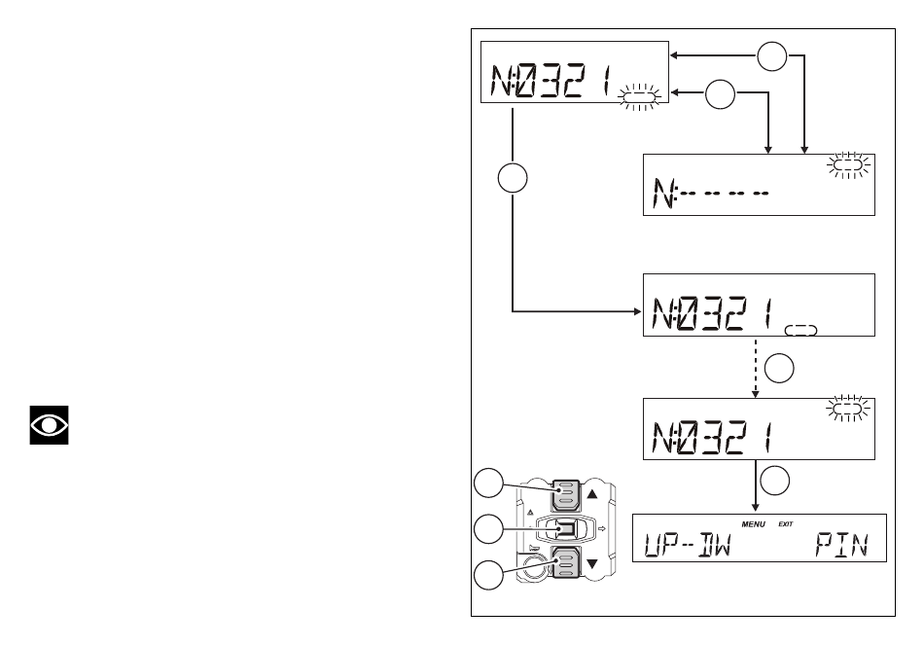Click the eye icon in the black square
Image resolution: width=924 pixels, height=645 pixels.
(x=49, y=424)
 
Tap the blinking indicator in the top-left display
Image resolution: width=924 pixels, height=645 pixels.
(x=639, y=96)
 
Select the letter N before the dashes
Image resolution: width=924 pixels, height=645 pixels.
(x=664, y=194)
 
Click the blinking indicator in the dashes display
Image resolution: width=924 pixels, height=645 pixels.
(x=848, y=165)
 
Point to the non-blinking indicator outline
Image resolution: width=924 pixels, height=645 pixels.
(x=800, y=330)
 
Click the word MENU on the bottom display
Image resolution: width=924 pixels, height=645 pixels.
(x=753, y=524)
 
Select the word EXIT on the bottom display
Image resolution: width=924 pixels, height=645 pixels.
(x=786, y=524)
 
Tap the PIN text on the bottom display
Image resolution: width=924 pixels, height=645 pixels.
(x=842, y=545)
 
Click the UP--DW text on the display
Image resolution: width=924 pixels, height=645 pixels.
(x=687, y=545)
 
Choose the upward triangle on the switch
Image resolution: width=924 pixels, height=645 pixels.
(x=592, y=493)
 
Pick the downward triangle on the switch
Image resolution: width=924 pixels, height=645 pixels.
(x=592, y=563)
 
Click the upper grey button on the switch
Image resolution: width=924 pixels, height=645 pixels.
(x=566, y=494)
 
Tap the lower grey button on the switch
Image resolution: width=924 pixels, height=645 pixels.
(x=566, y=562)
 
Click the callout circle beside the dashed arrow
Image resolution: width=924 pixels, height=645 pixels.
(x=779, y=369)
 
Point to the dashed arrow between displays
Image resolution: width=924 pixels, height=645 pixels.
(x=756, y=368)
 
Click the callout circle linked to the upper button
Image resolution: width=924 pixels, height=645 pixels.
(x=488, y=484)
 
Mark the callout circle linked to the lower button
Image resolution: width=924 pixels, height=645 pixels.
(x=488, y=575)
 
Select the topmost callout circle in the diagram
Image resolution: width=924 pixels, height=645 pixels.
(x=772, y=56)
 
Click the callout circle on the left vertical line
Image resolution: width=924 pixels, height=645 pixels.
(x=513, y=178)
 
